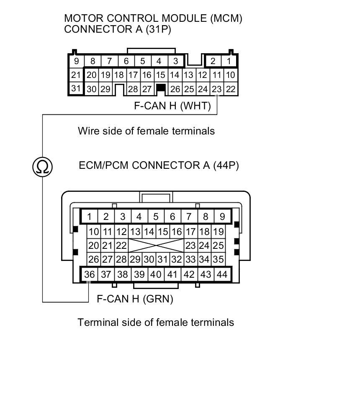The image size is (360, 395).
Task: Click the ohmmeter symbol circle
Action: [x=42, y=167]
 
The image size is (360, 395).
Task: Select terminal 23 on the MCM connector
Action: [x=216, y=89]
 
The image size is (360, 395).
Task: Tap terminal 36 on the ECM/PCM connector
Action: [x=89, y=274]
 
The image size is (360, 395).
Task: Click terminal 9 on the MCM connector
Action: [x=76, y=61]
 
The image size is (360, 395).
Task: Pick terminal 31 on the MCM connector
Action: [x=76, y=89]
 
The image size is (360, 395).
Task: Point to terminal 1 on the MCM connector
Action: [x=229, y=61]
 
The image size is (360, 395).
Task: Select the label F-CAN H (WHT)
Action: [x=172, y=106]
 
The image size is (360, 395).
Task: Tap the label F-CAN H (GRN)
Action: [x=135, y=299]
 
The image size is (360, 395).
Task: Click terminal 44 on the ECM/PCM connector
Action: [x=222, y=274]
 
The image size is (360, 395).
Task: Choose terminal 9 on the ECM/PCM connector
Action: [x=222, y=217]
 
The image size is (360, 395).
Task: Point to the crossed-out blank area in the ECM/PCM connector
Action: [x=156, y=245]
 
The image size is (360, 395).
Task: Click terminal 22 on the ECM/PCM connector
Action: [x=121, y=245]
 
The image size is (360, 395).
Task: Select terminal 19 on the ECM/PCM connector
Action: [x=218, y=232]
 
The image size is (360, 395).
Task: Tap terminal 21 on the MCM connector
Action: [x=76, y=75]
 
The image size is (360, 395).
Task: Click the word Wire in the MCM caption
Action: [x=87, y=131]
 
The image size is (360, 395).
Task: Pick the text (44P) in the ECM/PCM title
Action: [x=226, y=165]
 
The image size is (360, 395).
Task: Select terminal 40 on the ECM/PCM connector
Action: [x=156, y=274]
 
